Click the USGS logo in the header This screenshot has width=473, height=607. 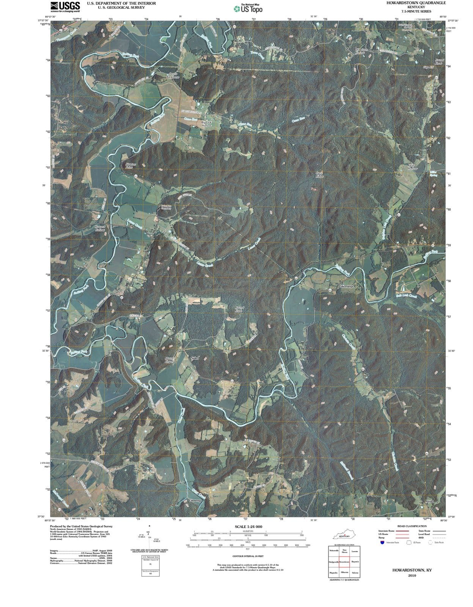pos(65,6)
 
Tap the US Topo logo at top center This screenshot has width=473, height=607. pos(248,8)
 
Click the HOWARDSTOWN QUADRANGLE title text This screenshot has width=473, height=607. pos(416,3)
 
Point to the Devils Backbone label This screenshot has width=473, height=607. pos(173,75)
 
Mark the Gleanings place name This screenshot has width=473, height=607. pos(346,286)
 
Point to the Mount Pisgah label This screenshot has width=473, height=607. pos(169,360)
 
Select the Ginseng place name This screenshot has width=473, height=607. pos(195,501)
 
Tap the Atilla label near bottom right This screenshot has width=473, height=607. pos(429,501)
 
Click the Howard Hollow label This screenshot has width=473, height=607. pos(100,228)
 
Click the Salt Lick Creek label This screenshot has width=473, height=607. pos(406,296)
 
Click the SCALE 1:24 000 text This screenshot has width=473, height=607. pos(248,527)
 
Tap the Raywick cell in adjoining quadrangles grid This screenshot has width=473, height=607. pos(355,561)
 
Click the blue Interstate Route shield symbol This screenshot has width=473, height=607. pos(382,542)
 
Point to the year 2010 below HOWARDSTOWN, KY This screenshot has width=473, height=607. pos(412,576)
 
